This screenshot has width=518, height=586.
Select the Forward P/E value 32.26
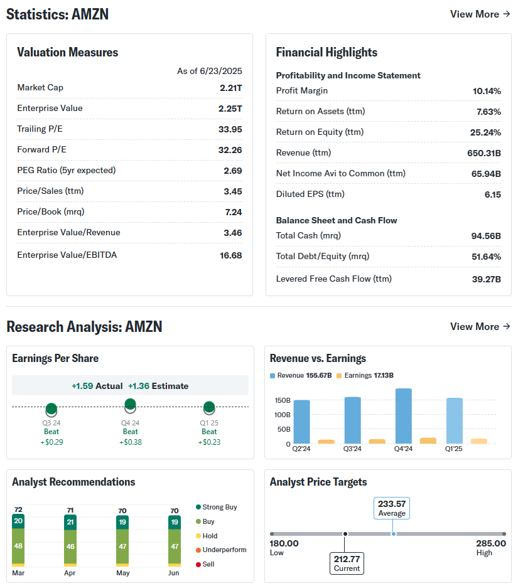229,150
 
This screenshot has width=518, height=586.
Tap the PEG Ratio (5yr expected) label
67,170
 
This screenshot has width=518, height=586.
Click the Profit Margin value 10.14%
487,91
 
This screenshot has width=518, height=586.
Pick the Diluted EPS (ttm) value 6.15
492,194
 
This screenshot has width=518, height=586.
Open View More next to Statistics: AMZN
480,14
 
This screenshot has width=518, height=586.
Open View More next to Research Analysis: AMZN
480,326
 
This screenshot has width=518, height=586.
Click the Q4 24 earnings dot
130,404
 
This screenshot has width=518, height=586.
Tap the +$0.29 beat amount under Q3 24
51,442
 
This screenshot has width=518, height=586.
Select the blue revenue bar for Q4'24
403,415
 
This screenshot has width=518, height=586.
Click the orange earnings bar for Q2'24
326,442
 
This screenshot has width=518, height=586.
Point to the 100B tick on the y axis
282,415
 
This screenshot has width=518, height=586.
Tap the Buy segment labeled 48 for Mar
18,546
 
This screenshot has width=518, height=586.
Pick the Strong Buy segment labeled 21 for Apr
70,522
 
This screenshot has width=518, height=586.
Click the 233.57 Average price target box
392,508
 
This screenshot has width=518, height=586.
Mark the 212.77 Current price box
347,563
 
